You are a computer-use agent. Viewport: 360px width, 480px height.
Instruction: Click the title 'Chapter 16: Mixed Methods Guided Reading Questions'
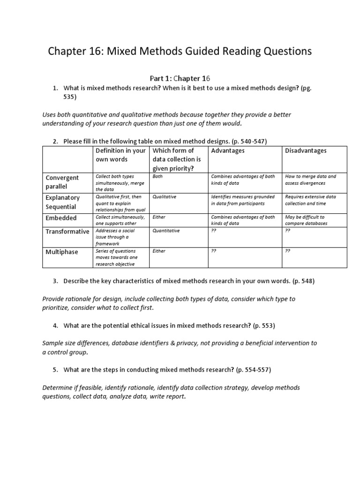pos(180,52)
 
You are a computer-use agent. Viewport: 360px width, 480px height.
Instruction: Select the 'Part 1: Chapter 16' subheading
pos(180,78)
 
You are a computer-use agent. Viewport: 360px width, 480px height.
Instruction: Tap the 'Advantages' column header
pos(228,150)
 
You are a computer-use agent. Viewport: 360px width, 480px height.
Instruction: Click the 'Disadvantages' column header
pos(306,150)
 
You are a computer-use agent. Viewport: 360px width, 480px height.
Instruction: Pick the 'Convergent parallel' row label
pos(62,182)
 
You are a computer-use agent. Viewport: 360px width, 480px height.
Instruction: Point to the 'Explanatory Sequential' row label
pos(63,202)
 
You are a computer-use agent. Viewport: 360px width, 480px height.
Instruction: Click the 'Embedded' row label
pos(61,218)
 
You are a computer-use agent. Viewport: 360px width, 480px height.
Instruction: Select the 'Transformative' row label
pos(67,232)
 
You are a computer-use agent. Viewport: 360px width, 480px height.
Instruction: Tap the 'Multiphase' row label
pos(62,252)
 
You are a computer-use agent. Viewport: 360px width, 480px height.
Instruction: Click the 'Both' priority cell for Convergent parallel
pos(157,177)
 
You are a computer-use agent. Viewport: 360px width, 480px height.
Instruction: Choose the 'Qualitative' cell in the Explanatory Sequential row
pos(165,197)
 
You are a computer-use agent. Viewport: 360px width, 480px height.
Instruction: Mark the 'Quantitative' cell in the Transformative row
pos(166,231)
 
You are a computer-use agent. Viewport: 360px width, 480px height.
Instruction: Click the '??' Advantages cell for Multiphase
pos(214,251)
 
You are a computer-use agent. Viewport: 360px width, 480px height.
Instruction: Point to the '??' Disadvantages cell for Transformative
pos(288,231)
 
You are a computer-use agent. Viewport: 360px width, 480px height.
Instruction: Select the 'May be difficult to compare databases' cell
pos(306,220)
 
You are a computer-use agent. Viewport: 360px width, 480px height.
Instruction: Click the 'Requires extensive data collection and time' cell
pos(310,200)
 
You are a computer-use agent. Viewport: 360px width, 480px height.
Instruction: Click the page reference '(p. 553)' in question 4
pos(264,325)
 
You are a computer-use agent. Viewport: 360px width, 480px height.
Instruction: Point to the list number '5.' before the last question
pos(55,370)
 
